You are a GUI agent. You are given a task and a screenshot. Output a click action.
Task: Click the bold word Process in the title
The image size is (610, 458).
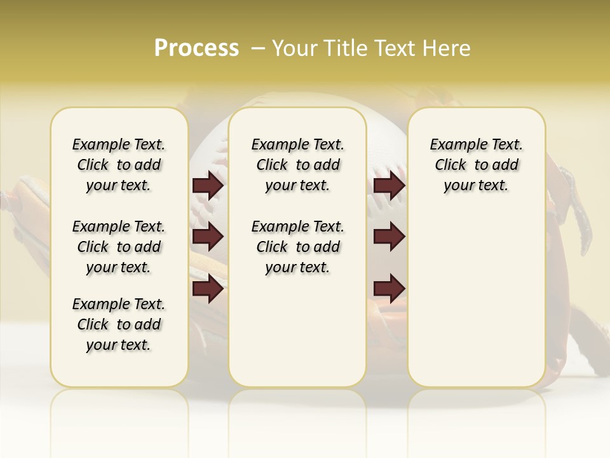click(x=196, y=48)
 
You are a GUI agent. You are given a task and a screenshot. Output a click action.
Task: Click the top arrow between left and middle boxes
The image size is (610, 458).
click(x=208, y=186)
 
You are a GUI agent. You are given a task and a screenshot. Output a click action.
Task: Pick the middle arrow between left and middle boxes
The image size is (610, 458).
click(x=208, y=237)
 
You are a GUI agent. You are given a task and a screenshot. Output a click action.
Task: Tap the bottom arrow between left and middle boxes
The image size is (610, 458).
click(x=208, y=289)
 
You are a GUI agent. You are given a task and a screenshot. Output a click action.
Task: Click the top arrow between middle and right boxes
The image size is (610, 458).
click(x=389, y=186)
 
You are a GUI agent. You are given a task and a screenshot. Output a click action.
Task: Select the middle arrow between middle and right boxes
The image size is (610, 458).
click(x=389, y=237)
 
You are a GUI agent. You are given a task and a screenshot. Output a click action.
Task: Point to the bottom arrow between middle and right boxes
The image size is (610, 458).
click(x=389, y=289)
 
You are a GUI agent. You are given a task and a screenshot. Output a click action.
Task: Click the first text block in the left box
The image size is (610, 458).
click(x=119, y=165)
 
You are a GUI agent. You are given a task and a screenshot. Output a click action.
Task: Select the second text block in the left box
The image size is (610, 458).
click(x=119, y=247)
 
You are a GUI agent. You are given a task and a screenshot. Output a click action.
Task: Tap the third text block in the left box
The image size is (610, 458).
click(x=119, y=324)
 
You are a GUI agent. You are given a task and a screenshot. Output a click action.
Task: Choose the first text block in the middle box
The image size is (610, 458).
click(x=297, y=165)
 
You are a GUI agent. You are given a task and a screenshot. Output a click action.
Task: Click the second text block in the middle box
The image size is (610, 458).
click(x=297, y=247)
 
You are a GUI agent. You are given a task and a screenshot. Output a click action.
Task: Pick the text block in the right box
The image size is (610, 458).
click(x=476, y=165)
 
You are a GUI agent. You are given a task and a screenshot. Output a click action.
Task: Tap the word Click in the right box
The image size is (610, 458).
click(x=451, y=165)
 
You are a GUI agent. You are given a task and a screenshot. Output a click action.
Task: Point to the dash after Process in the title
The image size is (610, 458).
click(x=257, y=48)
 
